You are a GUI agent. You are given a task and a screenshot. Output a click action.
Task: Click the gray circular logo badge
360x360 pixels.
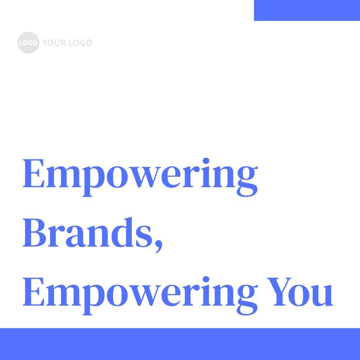[28, 43]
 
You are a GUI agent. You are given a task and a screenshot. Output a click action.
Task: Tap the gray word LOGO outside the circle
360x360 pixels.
[80, 43]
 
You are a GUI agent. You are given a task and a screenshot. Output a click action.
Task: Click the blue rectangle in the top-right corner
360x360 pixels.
[307, 10]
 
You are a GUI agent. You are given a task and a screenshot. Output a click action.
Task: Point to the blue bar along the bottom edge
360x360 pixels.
[180, 344]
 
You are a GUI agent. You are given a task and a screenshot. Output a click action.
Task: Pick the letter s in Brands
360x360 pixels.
[144, 238]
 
